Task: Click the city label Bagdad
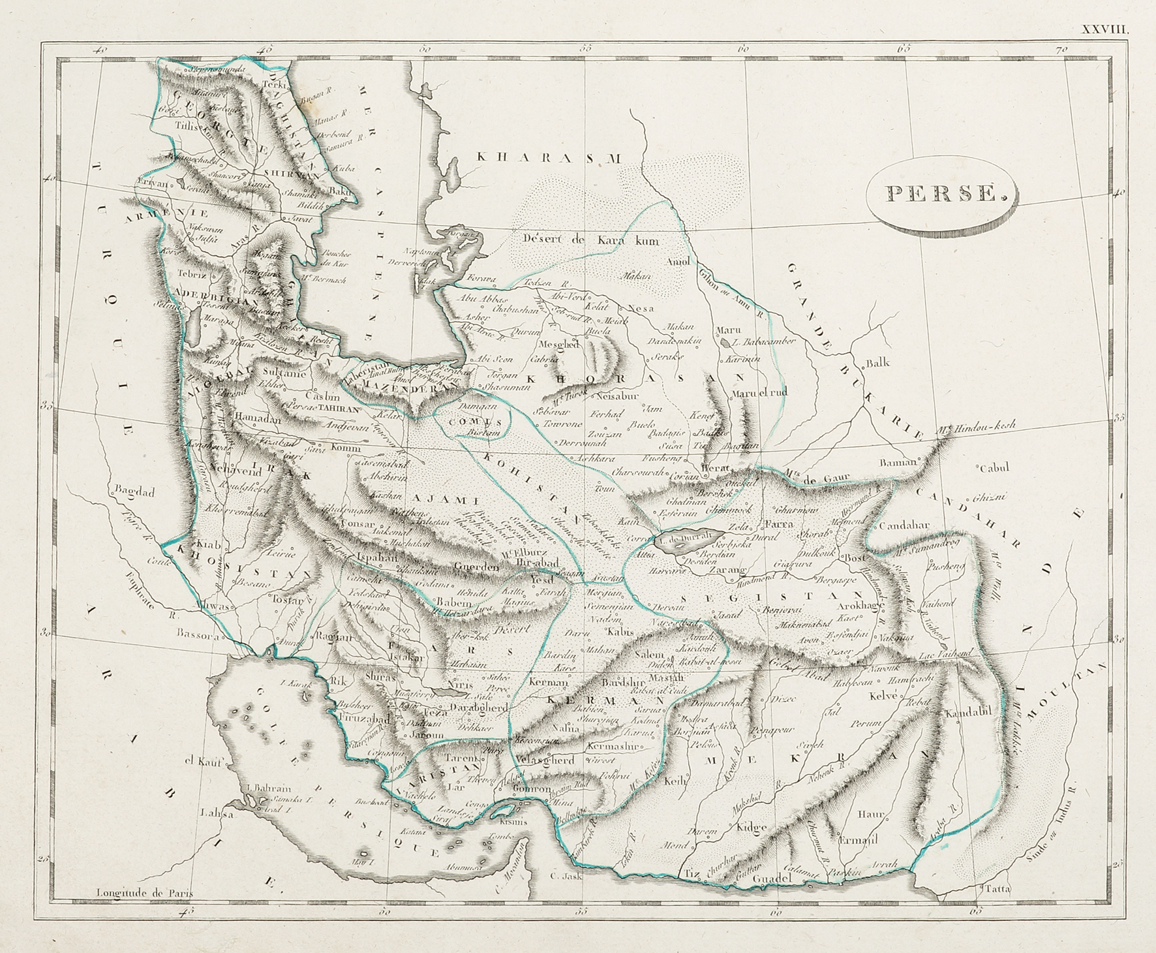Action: tap(134, 492)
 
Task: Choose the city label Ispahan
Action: tap(377, 558)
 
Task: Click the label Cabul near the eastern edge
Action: tap(995, 467)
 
